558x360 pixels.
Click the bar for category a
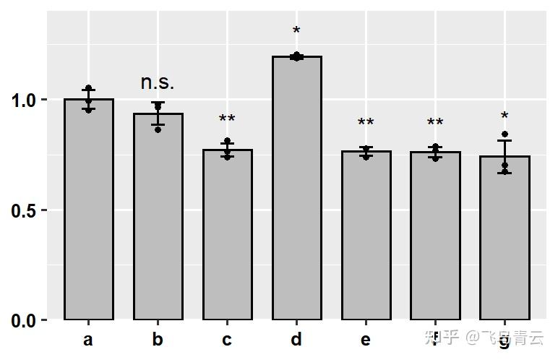[x=89, y=210]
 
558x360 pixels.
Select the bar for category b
[x=158, y=217]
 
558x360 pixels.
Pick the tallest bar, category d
[x=296, y=188]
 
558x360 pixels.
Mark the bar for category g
[x=505, y=239]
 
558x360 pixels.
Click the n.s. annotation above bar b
[x=158, y=82]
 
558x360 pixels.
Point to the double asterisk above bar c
[x=227, y=120]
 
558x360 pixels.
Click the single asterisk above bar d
[x=296, y=32]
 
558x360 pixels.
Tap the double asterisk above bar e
[x=366, y=124]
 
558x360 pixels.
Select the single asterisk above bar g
[x=505, y=117]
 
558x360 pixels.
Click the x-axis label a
[x=88, y=340]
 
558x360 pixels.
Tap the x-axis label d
[x=296, y=339]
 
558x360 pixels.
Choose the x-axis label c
[x=227, y=340]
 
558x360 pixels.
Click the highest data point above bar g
[x=505, y=134]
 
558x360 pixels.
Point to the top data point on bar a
[x=89, y=88]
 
